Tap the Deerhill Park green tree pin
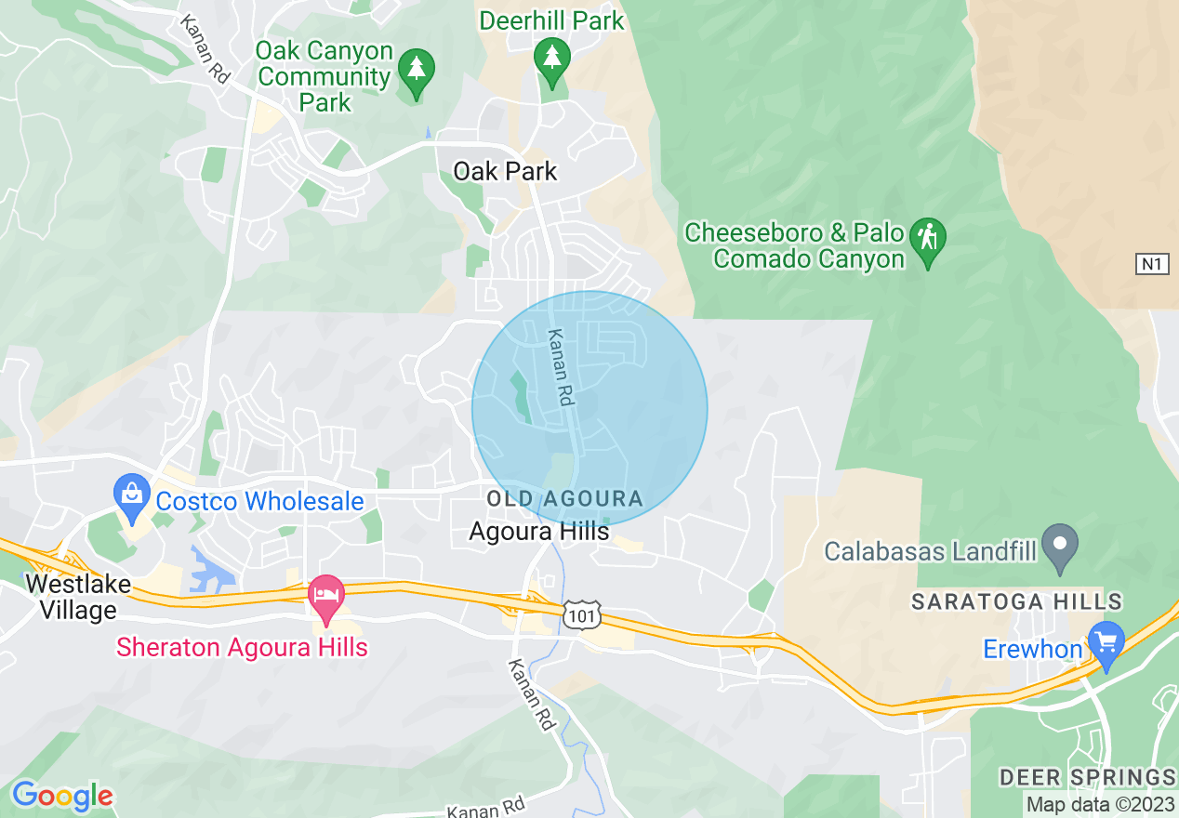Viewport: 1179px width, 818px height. click(552, 57)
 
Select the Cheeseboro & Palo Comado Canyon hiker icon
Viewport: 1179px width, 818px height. click(927, 237)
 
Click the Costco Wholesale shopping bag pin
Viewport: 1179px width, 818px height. click(132, 495)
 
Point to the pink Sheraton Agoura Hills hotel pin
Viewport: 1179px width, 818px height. click(325, 596)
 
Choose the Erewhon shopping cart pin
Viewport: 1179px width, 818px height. click(1106, 643)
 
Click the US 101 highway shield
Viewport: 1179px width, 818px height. click(581, 614)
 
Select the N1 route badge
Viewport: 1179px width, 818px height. click(1151, 264)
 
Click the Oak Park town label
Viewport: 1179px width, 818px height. click(505, 171)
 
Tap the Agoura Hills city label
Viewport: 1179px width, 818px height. click(538, 532)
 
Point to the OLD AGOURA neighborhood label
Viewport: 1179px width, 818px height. click(564, 499)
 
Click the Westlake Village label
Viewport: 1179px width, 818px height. click(71, 597)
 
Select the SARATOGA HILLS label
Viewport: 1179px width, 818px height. click(1016, 602)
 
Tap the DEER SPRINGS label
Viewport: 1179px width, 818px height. click(1087, 777)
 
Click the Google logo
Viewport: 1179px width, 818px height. click(62, 796)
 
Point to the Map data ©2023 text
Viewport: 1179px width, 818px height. click(1099, 804)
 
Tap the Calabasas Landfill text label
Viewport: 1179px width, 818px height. click(930, 551)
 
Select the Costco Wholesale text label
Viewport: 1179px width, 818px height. click(259, 502)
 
